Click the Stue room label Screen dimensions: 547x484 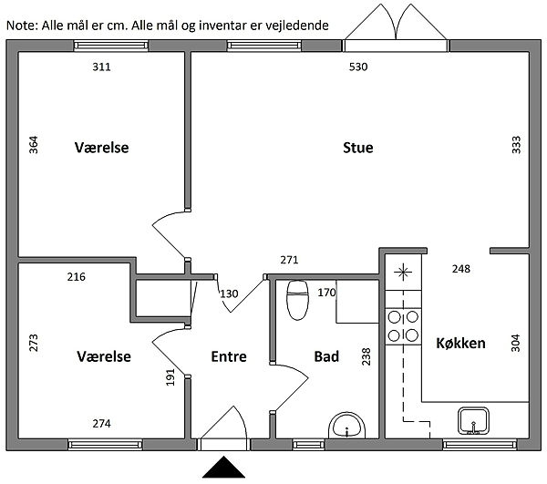pyautogui.click(x=358, y=148)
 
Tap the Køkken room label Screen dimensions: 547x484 pyautogui.click(x=460, y=343)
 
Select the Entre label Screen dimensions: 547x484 pyautogui.click(x=229, y=356)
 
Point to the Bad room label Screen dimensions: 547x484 pyautogui.click(x=326, y=356)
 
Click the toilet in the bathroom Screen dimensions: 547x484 pyautogui.click(x=297, y=300)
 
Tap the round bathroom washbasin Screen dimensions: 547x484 pyautogui.click(x=346, y=426)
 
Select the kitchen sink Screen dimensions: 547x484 pyautogui.click(x=473, y=421)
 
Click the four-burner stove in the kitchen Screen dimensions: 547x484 pyautogui.click(x=403, y=326)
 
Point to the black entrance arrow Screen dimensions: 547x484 pyautogui.click(x=223, y=467)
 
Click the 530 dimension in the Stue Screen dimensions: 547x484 pyautogui.click(x=358, y=67)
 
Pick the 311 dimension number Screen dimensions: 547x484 pyautogui.click(x=101, y=67)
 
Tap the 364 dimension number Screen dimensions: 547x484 pyautogui.click(x=33, y=145)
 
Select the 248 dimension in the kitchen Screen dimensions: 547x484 pyautogui.click(x=461, y=269)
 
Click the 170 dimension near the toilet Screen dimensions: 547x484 pyautogui.click(x=326, y=293)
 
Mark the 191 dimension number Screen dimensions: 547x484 pyautogui.click(x=170, y=377)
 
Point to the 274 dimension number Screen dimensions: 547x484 pyautogui.click(x=101, y=423)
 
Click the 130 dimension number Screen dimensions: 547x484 pyautogui.click(x=229, y=293)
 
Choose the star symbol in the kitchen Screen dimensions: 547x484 pyautogui.click(x=403, y=272)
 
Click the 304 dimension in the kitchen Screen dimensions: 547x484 pyautogui.click(x=515, y=343)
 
